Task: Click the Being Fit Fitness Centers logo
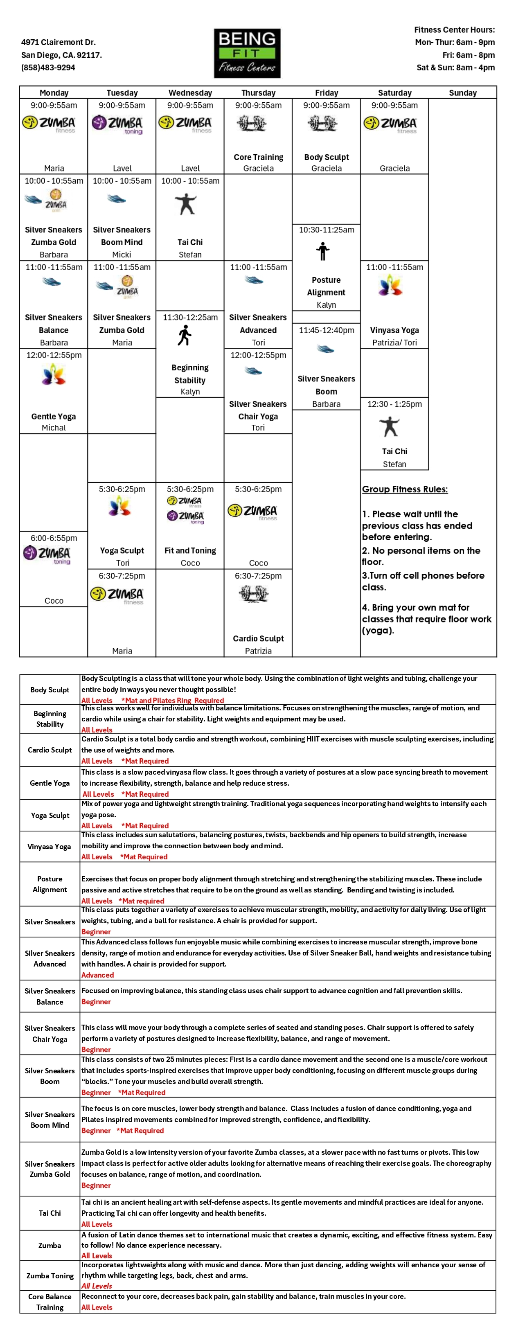[x=247, y=53]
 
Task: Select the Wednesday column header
[x=190, y=93]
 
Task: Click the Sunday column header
[x=463, y=93]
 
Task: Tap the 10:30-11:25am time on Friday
[x=327, y=230]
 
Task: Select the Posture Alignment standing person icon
[x=323, y=252]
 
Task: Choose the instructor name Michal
[x=54, y=428]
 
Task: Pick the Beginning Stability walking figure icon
[x=185, y=336]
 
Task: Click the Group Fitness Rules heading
[x=405, y=489]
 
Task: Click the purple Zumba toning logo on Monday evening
[x=47, y=554]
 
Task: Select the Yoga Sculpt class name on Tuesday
[x=122, y=550]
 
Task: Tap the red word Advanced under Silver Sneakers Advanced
[x=97, y=975]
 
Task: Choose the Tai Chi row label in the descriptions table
[x=50, y=1213]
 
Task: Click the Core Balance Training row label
[x=50, y=1302]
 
